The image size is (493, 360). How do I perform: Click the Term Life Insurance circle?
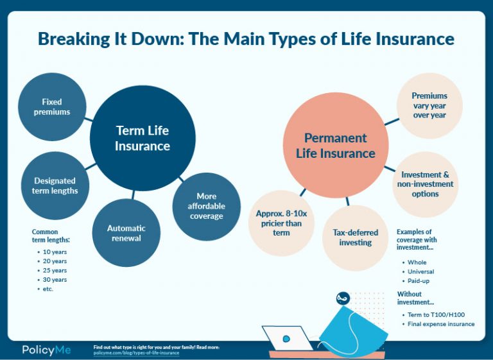[143, 138]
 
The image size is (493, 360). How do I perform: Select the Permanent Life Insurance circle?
[335, 146]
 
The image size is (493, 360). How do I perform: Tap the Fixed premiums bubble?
[52, 107]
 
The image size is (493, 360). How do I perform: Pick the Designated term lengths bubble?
[55, 185]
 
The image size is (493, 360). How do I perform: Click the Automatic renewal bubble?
[126, 233]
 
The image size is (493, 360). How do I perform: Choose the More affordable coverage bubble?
[207, 206]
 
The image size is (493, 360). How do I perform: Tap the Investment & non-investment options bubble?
[426, 184]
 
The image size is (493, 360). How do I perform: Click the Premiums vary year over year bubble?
[429, 106]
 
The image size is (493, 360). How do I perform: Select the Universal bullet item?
[420, 271]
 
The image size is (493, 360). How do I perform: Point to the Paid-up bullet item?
[419, 281]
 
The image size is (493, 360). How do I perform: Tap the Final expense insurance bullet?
[440, 324]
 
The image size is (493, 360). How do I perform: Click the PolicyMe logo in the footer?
[46, 350]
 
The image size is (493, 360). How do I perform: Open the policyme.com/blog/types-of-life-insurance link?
[136, 353]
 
